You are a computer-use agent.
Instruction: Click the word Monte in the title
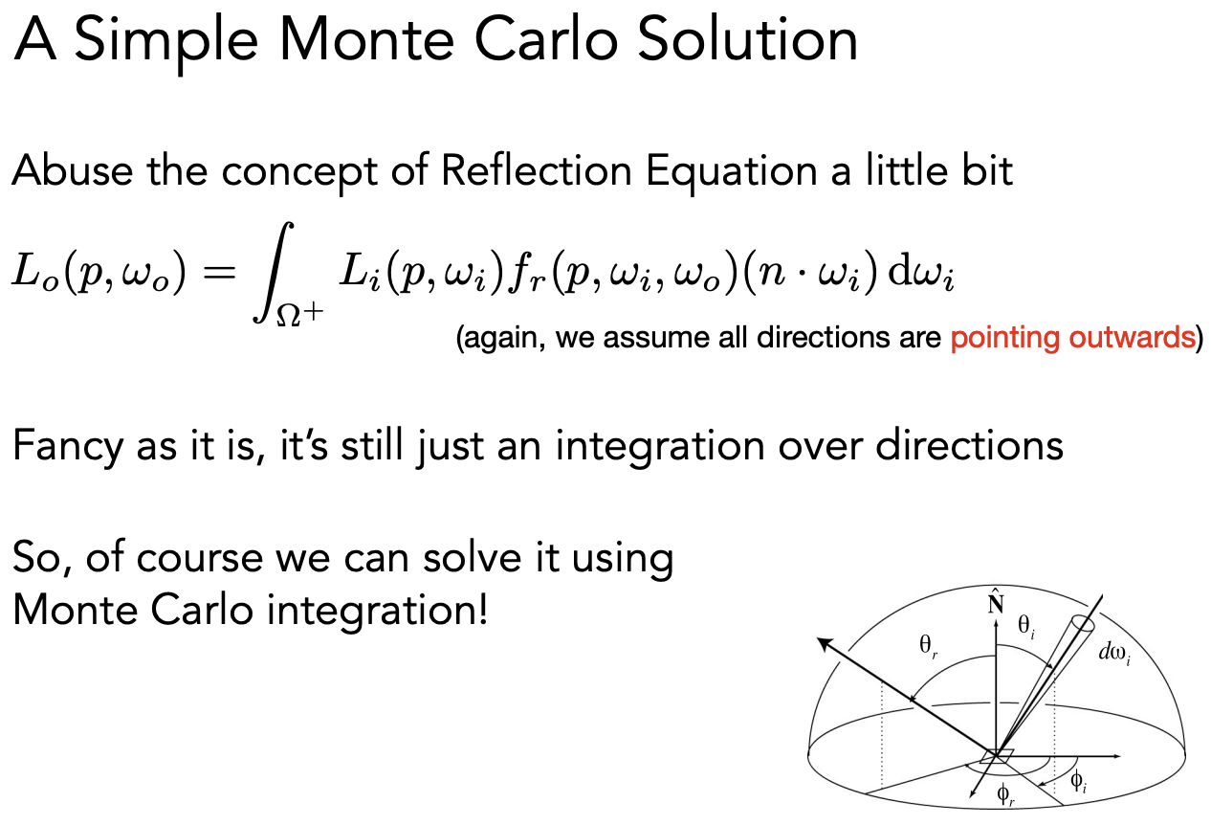coord(366,39)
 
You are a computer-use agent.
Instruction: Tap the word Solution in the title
coord(747,39)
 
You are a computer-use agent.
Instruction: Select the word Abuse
coord(73,171)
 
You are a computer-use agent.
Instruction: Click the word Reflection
coord(537,171)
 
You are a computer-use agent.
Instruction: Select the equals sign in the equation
coord(219,271)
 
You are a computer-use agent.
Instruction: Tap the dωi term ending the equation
coord(921,273)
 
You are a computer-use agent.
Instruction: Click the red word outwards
coord(1132,338)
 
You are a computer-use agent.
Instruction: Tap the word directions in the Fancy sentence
coord(970,446)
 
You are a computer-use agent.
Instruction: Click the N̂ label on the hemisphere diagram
coord(995,602)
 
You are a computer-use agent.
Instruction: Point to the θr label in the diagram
coord(928,646)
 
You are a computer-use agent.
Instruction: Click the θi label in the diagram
coord(1026,627)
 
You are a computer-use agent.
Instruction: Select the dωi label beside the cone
coord(1114,654)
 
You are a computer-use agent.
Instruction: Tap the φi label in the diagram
coord(1079,782)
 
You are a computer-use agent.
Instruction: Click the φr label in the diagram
coord(1005,794)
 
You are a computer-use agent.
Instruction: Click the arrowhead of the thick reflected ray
coord(824,644)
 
